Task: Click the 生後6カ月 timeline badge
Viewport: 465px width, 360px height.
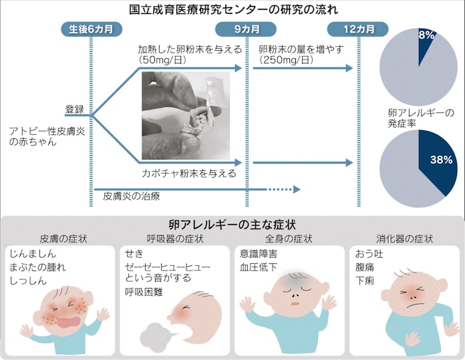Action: click(92, 29)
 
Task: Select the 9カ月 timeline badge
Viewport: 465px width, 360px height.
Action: click(246, 29)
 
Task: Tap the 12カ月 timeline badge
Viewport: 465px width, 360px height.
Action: click(357, 29)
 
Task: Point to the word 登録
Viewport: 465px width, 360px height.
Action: click(75, 109)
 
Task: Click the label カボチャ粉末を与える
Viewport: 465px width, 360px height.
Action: click(189, 173)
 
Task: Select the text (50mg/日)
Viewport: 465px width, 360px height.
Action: click(162, 60)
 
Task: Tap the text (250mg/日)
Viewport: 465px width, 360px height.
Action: click(286, 60)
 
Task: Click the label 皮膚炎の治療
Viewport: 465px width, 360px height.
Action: click(132, 196)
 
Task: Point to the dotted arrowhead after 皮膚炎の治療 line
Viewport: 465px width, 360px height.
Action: click(297, 189)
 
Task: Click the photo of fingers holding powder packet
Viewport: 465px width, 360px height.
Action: click(186, 116)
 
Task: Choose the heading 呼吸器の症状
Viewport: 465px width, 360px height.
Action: click(175, 238)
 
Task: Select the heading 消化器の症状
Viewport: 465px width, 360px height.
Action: click(405, 238)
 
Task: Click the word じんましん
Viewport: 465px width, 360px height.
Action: click(33, 254)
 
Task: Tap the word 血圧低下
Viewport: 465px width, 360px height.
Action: click(259, 267)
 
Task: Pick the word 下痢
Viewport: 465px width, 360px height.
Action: click(365, 281)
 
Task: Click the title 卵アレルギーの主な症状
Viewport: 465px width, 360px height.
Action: click(232, 224)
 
